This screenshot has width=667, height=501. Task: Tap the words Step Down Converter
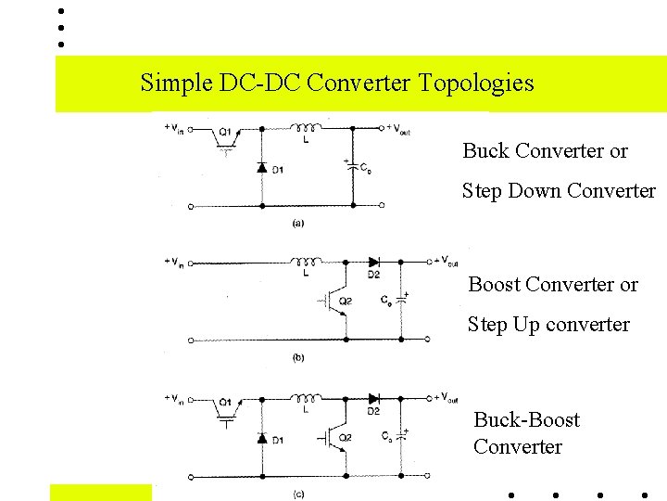pyautogui.click(x=559, y=191)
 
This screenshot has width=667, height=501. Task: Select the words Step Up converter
pyautogui.click(x=548, y=325)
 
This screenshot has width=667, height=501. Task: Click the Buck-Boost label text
pyautogui.click(x=526, y=420)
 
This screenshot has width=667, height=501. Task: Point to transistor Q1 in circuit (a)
pyautogui.click(x=223, y=135)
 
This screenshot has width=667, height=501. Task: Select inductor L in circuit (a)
pyautogui.click(x=306, y=128)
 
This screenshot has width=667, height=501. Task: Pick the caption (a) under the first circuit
pyautogui.click(x=298, y=223)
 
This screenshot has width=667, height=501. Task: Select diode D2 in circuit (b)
pyautogui.click(x=373, y=263)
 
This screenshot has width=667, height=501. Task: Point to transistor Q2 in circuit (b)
pyautogui.click(x=333, y=300)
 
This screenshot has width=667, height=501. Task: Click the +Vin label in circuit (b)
pyautogui.click(x=173, y=262)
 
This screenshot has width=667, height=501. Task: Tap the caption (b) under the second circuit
pyautogui.click(x=298, y=357)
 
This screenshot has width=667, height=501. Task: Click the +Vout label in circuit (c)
pyautogui.click(x=445, y=397)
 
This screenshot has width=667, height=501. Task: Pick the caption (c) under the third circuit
pyautogui.click(x=298, y=494)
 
